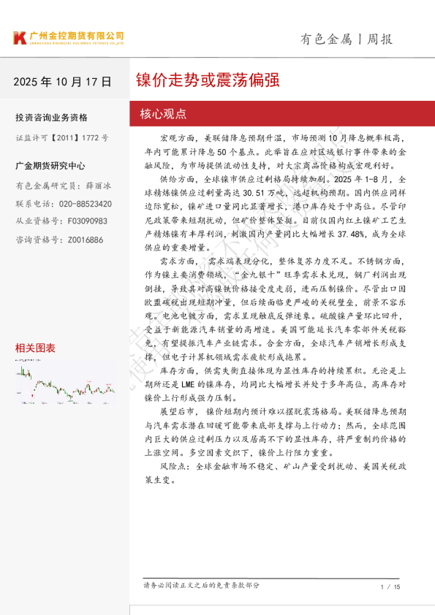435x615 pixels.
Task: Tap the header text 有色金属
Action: coord(327,39)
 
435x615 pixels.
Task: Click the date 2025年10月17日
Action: coord(62,81)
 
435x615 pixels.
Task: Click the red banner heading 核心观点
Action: coord(163,114)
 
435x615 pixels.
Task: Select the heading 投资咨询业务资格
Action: coord(51,118)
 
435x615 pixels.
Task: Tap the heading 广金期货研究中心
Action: coord(50,166)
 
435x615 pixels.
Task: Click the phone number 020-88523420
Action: coord(85,204)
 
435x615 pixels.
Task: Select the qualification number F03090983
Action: coord(81,221)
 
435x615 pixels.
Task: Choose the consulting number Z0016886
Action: coord(81,240)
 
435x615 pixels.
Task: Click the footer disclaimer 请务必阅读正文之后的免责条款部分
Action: coord(201,585)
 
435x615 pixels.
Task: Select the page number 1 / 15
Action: coord(390,587)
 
